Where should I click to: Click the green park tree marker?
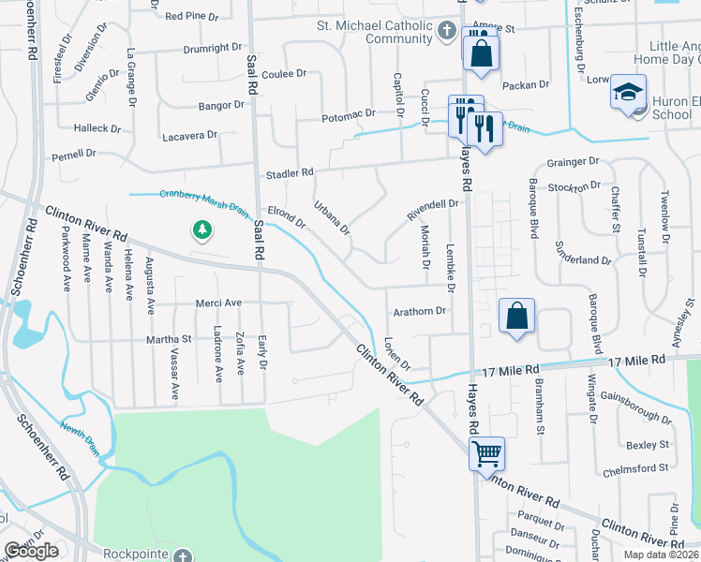pos(201,229)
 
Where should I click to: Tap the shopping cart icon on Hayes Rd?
pos(487,454)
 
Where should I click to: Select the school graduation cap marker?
pos(628,94)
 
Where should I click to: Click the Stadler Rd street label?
pos(289,174)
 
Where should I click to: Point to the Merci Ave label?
pos(218,303)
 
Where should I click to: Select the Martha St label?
pos(168,339)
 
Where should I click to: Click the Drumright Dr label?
pos(212,48)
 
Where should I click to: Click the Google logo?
pos(32,551)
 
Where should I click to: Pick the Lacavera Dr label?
pos(189,135)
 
